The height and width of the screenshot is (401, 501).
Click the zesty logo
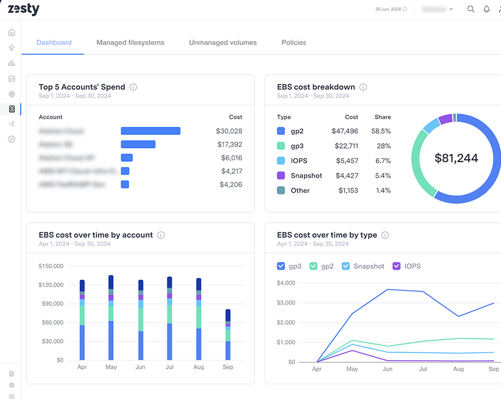pos(23,9)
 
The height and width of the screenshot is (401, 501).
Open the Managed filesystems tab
pos(130,42)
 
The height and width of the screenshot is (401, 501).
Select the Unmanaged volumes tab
pos(223,42)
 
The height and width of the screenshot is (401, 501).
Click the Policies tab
pos(294,42)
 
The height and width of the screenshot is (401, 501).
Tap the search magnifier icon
pos(471,9)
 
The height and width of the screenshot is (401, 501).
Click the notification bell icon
pos(486,9)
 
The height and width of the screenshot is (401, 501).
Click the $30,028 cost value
pos(229,131)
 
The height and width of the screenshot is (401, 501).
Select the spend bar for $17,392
pos(138,144)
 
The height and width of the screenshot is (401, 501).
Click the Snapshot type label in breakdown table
pos(306,176)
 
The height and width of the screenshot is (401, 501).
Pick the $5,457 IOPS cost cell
pos(345,161)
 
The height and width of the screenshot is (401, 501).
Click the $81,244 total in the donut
pos(456,159)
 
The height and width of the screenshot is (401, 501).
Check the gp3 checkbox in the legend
pos(282,266)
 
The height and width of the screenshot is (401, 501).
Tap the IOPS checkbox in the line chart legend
pos(397,266)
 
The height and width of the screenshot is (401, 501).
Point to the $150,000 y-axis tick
pos(51,266)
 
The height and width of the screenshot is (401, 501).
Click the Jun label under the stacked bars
pos(140,367)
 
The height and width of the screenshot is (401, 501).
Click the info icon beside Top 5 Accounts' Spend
pos(133,87)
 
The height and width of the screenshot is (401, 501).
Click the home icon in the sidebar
pos(12,32)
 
